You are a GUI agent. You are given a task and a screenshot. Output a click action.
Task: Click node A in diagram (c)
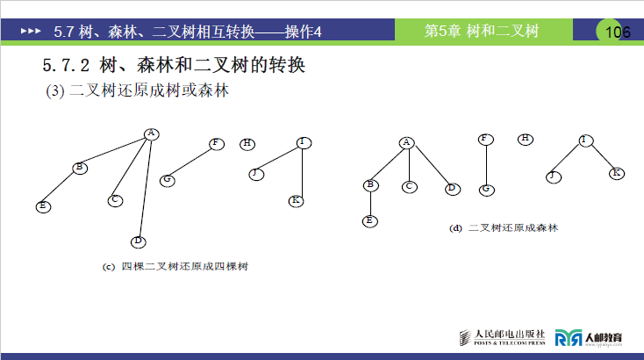click(x=151, y=133)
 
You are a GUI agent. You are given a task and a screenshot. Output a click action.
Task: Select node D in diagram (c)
click(x=138, y=241)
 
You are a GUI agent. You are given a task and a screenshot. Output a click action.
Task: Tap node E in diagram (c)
click(x=41, y=206)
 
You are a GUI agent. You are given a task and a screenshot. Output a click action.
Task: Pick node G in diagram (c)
click(x=166, y=180)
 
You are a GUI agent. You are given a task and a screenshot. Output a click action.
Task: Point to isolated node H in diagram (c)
click(x=247, y=143)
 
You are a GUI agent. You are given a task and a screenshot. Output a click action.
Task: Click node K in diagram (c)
click(x=297, y=201)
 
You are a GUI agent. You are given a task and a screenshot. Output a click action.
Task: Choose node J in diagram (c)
click(x=255, y=173)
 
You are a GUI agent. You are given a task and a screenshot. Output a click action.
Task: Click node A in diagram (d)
click(x=405, y=142)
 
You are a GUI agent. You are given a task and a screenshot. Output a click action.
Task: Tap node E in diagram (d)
click(x=369, y=220)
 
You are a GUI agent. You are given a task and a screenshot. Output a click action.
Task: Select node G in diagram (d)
click(x=487, y=190)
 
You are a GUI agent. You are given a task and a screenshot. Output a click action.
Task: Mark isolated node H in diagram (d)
click(x=525, y=139)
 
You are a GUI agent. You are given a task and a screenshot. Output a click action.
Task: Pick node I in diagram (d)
click(x=586, y=140)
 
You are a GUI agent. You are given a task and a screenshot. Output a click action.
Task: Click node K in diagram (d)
click(x=617, y=173)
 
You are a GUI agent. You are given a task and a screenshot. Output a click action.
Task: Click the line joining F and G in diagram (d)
click(x=487, y=164)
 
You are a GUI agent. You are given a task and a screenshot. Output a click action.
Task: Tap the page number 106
click(x=618, y=32)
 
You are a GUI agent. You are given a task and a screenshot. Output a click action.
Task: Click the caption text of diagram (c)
click(x=176, y=265)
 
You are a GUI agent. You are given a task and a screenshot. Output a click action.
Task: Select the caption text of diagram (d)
click(x=504, y=228)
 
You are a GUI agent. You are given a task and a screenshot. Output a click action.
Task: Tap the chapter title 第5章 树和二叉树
click(x=481, y=32)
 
